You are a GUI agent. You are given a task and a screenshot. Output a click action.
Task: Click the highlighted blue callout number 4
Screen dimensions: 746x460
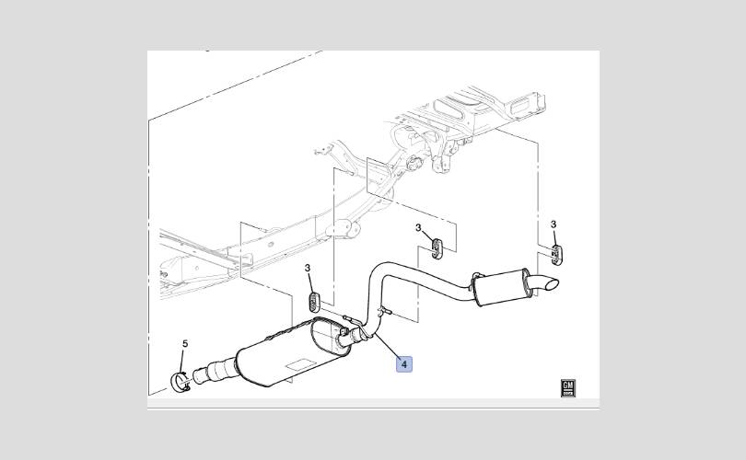coord(404,364)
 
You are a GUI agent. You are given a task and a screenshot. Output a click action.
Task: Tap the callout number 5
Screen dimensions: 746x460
coord(185,343)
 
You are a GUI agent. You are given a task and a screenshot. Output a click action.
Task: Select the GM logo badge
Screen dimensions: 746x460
coord(568,387)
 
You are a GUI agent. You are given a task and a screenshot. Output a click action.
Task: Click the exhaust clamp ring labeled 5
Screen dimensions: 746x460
coord(181,383)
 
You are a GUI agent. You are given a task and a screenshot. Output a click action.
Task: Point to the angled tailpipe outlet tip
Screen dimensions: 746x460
coord(547,282)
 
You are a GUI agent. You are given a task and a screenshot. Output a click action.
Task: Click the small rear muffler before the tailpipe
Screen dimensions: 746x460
coord(499,286)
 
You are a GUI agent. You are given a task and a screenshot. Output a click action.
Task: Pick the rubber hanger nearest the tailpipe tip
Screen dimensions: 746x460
coord(555,254)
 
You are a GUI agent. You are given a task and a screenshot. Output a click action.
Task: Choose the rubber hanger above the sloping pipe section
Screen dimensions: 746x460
coord(437,249)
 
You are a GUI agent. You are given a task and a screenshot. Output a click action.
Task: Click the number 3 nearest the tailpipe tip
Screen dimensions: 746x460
coord(554,224)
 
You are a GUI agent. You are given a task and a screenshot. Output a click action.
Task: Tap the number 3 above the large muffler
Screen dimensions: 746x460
coord(308,269)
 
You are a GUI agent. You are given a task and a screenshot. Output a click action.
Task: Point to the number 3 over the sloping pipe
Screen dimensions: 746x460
coord(418,228)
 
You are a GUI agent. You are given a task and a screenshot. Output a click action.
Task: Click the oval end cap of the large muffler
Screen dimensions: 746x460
coord(332,338)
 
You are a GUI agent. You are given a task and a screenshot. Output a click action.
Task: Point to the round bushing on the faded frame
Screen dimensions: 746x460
coord(414,162)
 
